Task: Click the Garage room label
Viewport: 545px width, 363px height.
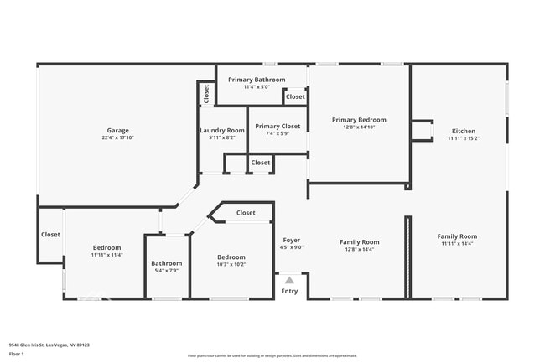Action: (x=117, y=131)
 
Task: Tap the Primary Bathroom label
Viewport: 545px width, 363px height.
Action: (x=264, y=80)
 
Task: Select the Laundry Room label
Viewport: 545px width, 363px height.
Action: (x=222, y=131)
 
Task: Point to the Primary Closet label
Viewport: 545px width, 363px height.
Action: (x=278, y=126)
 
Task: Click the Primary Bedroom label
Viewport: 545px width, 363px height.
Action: (x=359, y=120)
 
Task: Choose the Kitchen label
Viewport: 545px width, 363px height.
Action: (x=464, y=132)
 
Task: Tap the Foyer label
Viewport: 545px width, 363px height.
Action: (x=292, y=241)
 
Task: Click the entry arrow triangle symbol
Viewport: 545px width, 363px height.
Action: (x=289, y=280)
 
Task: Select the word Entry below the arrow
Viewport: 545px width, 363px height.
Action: (x=289, y=292)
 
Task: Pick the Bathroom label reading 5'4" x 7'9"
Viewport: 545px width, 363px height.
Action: (x=166, y=264)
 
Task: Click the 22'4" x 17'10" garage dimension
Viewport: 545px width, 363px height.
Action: (x=117, y=138)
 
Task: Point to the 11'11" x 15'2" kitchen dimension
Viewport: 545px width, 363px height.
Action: (x=464, y=139)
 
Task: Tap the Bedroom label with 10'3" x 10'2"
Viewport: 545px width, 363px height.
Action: (x=231, y=257)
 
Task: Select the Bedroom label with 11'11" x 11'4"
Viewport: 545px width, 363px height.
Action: (x=106, y=248)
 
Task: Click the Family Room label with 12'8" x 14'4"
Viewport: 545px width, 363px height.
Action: (x=360, y=242)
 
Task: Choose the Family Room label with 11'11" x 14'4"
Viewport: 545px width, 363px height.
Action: (x=457, y=236)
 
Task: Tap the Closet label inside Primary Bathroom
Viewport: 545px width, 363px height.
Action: (x=295, y=97)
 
